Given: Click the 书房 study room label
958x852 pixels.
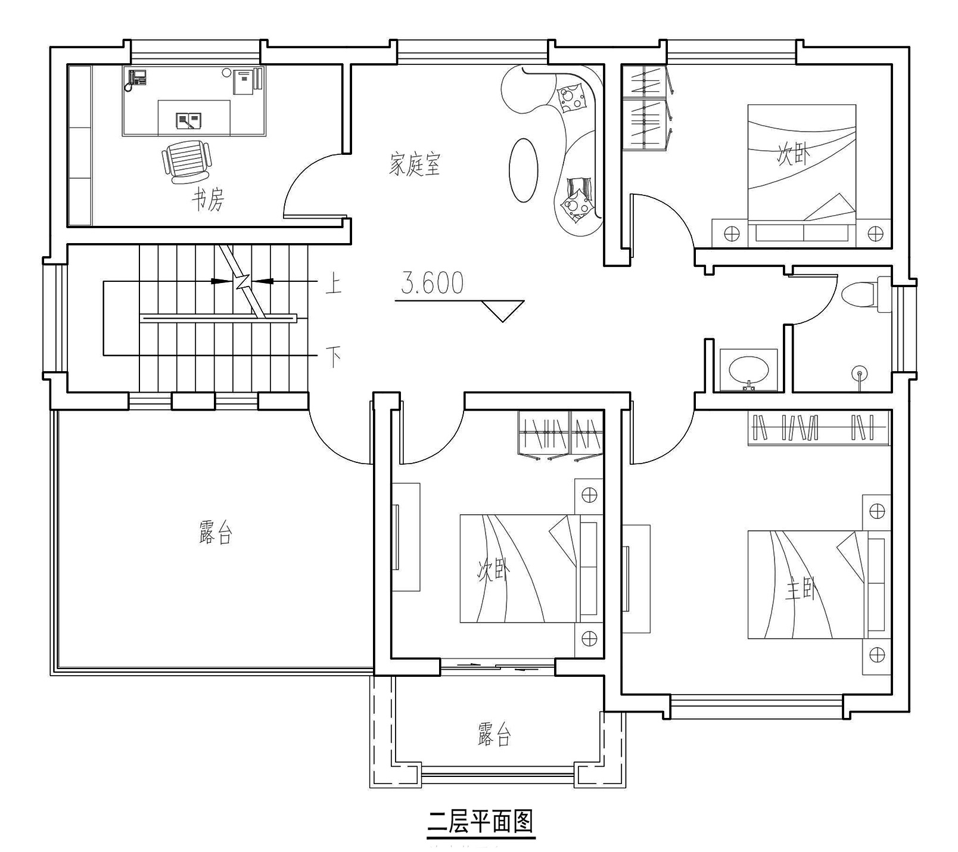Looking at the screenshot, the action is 207,200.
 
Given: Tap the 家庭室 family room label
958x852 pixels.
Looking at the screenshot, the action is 415,164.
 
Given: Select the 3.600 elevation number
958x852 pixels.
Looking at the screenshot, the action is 432,283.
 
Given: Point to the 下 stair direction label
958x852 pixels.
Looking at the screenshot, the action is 334,357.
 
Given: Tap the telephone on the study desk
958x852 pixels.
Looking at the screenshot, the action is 137,78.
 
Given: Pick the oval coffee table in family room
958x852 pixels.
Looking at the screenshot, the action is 524,170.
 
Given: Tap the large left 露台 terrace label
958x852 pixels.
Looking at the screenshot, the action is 215,532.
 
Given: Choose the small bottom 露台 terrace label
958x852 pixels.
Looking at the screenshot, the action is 494,735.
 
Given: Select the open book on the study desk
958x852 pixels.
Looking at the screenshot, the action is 188,121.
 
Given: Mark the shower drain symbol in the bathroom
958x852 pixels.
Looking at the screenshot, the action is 859,374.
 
